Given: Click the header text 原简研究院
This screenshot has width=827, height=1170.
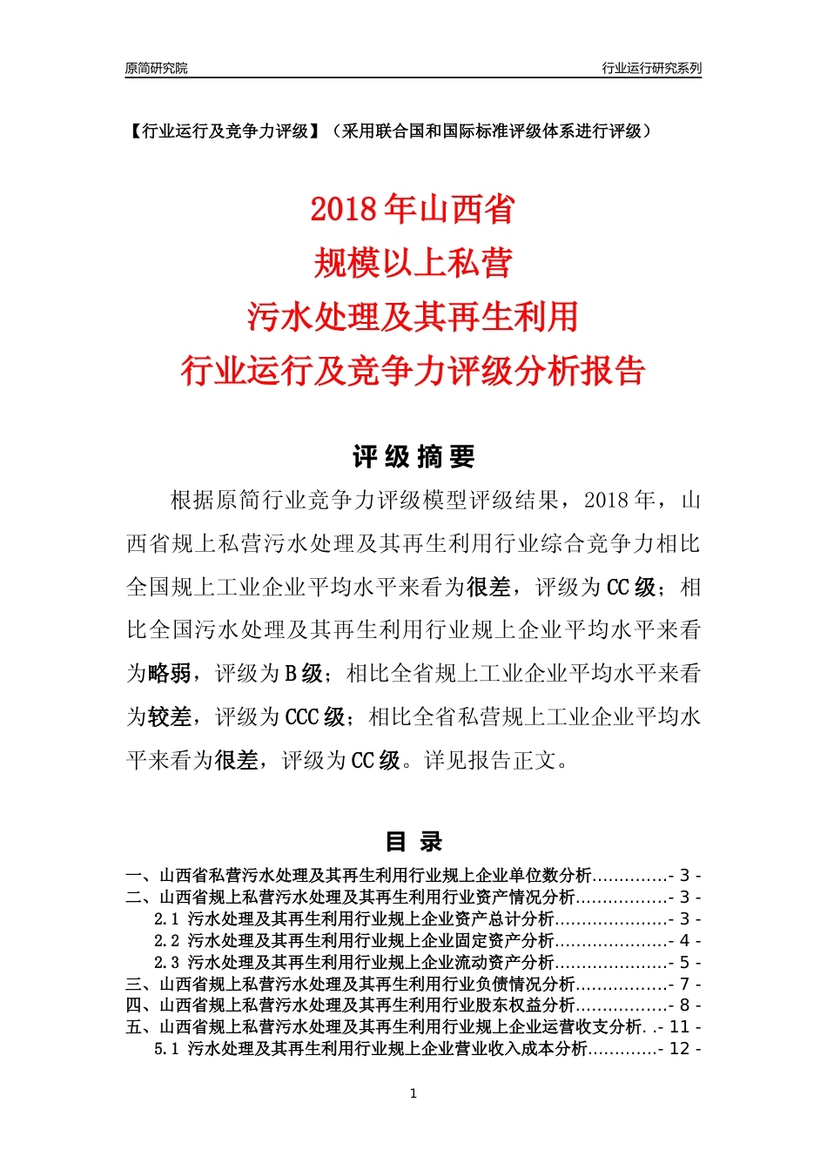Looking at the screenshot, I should pos(156,68).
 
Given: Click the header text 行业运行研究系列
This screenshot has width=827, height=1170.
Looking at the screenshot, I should pos(651,68).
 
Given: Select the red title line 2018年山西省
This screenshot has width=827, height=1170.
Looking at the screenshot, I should pos(413,210).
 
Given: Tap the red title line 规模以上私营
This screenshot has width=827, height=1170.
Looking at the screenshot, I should pos(413,263).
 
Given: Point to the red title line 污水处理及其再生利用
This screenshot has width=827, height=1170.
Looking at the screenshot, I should pos(413,317).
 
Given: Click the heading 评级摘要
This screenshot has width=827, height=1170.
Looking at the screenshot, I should pos(413,456).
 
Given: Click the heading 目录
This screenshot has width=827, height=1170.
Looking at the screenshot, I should pos(413,842).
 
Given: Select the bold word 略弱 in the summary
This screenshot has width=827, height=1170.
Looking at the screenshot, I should pos(170,674).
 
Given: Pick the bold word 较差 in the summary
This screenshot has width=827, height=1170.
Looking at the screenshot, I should pos(170,717).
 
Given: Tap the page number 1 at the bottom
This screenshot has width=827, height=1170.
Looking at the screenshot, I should pos(413,1093).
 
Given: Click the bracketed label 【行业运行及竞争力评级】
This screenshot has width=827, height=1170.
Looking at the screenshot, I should pos(225,131).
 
